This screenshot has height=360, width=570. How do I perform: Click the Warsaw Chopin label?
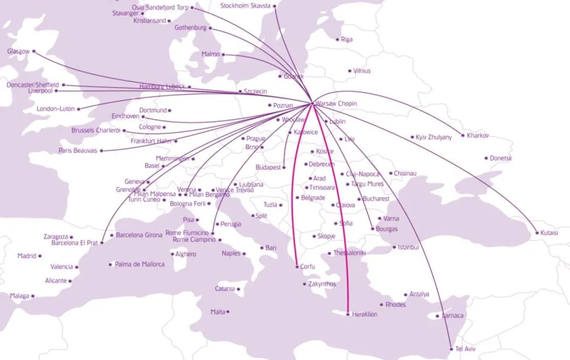click(x=336, y=103)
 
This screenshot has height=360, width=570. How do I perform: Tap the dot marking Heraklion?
click(x=348, y=314)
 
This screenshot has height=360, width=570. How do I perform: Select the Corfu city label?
click(x=308, y=266)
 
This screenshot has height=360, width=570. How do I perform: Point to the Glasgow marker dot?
click(x=33, y=51)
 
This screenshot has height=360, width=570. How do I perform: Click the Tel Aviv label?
click(x=467, y=349)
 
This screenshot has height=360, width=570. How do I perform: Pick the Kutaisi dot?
click(x=537, y=233)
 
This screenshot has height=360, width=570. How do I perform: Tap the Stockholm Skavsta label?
click(x=245, y=6)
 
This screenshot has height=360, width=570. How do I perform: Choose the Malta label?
click(x=218, y=312)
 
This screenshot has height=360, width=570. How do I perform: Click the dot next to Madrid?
click(x=40, y=256)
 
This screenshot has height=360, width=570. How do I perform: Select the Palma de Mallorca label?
click(x=140, y=264)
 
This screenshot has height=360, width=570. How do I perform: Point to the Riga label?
click(x=347, y=40)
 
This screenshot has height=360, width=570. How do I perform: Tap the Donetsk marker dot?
click(x=486, y=158)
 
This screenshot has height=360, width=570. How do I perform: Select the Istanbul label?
click(x=409, y=247)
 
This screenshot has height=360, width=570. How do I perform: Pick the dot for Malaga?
click(x=33, y=296)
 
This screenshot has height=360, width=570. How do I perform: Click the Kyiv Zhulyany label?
click(x=434, y=137)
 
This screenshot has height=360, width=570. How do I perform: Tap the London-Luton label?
click(x=55, y=109)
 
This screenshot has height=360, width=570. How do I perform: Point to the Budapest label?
click(x=268, y=168)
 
